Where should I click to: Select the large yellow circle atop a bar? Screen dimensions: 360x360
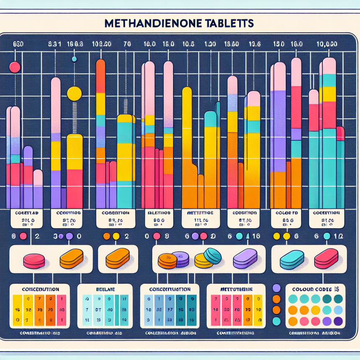(74, 93)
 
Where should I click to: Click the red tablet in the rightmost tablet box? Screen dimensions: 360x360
(326, 259)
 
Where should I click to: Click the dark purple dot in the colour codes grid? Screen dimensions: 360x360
(338, 321)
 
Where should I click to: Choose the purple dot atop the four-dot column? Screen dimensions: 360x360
(276, 288)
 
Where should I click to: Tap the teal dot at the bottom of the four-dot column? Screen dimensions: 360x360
(276, 321)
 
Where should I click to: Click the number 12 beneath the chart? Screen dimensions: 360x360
(340, 236)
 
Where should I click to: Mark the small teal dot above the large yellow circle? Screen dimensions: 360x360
(74, 59)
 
